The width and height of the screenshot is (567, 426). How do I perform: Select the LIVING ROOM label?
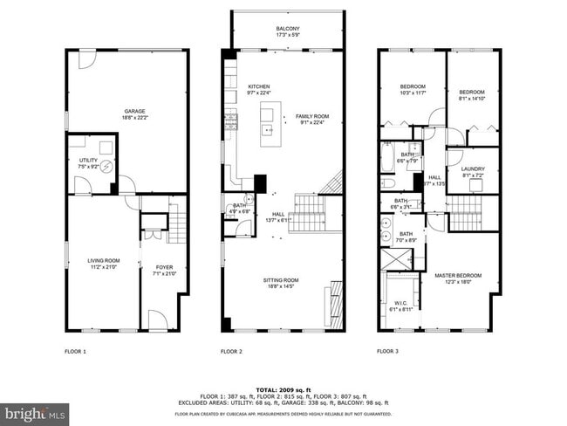tap(103, 260)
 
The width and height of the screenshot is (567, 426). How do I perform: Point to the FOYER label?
tap(164, 267)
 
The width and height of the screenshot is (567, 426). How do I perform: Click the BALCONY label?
tap(288, 29)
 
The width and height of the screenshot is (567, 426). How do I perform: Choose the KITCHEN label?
tap(259, 87)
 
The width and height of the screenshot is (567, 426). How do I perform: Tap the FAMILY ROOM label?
tap(311, 116)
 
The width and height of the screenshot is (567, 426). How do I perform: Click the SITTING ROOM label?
tap(282, 280)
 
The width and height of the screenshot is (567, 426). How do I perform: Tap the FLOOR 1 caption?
tap(76, 352)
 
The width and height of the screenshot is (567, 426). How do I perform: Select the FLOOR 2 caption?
tap(231, 352)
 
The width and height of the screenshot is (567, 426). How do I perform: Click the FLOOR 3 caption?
tap(387, 352)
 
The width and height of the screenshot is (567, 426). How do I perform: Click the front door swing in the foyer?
tap(157, 320)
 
